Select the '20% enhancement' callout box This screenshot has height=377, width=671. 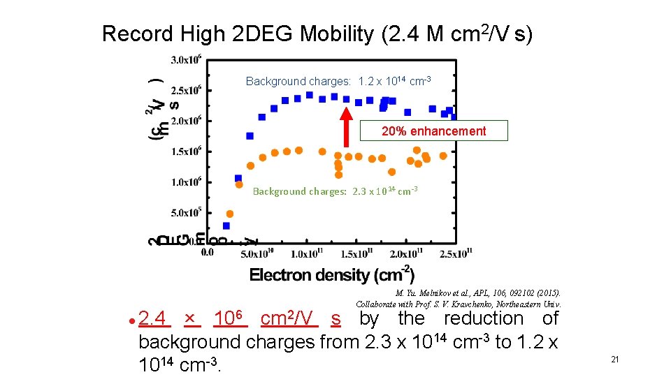click(433, 131)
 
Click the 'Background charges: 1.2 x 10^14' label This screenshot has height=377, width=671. click(338, 82)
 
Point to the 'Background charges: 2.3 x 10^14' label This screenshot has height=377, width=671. click(335, 191)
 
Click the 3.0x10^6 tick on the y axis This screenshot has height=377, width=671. click(185, 59)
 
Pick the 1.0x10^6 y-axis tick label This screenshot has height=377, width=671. click(185, 182)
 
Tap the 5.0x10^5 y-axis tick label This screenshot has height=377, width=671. click(185, 212)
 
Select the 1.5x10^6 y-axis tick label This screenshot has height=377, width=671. click(185, 151)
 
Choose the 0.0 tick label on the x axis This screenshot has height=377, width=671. click(207, 253)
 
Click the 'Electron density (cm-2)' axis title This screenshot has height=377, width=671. click(332, 274)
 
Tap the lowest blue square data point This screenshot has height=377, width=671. click(226, 226)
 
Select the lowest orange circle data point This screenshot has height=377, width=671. click(230, 214)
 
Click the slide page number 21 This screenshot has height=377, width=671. click(615, 360)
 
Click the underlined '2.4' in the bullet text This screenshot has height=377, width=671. click(154, 319)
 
